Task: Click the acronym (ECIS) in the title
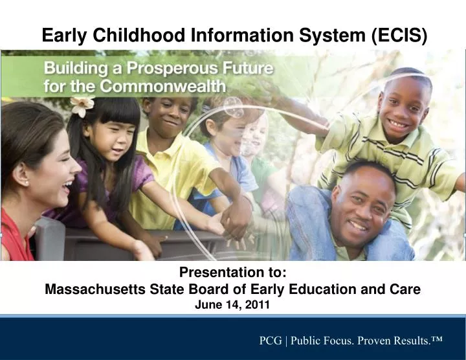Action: (400, 36)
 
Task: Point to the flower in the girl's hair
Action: (82, 106)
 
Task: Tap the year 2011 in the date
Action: (258, 304)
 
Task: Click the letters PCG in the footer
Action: (271, 340)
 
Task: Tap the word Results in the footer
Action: (407, 340)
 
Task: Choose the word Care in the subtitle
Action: (406, 289)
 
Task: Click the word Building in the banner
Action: (70, 67)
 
